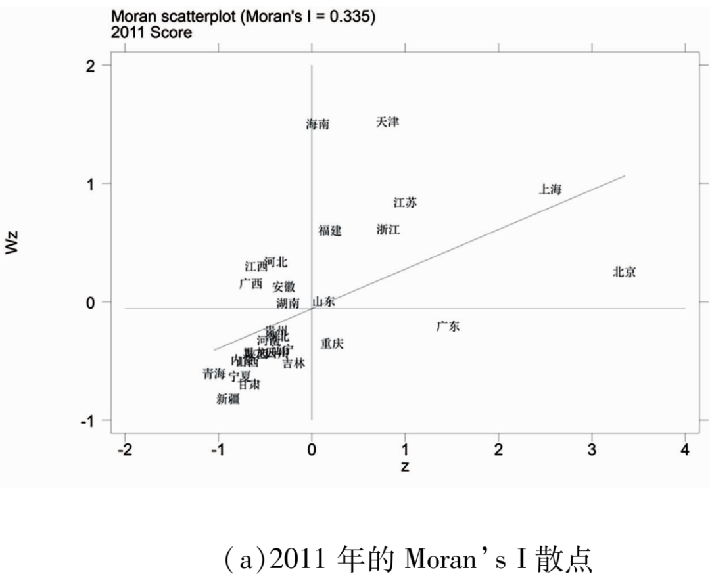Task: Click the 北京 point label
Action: tap(624, 272)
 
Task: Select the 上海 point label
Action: tap(550, 190)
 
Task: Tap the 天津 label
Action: tap(387, 122)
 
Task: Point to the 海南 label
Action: tap(318, 124)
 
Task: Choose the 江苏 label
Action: tap(405, 203)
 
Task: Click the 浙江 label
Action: tap(388, 230)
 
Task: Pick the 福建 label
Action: tap(330, 231)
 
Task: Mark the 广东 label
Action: tap(448, 326)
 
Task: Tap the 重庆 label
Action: tap(332, 344)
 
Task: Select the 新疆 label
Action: tap(228, 399)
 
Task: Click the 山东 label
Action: tap(323, 302)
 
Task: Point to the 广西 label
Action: tap(250, 284)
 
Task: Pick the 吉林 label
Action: tap(294, 364)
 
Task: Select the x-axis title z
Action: tap(404, 466)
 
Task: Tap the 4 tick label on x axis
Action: tap(685, 450)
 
